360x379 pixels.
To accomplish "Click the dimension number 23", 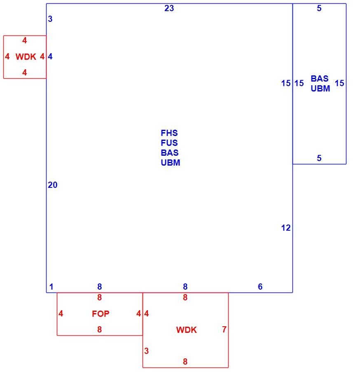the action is pos(169,8).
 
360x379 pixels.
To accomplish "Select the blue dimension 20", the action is pos(52,185).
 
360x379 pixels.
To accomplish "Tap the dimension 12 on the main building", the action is pos(286,228).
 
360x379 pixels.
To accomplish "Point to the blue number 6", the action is pos(260,287).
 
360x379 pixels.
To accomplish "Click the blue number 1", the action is pos(51,287).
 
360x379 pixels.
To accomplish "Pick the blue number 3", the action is pos(50,19).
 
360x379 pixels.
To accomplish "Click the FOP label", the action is pos(101,314).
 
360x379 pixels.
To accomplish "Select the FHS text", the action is pos(169,133).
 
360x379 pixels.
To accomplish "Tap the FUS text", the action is pos(169,143).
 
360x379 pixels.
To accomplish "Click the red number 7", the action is pos(224,329).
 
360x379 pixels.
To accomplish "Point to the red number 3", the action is pos(146,351).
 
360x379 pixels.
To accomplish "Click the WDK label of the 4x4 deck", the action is pos(26,57).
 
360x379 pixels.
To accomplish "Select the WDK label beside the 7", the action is pos(187,330).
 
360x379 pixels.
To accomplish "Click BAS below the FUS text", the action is pos(170,153).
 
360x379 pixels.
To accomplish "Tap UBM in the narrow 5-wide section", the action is pos(320,89).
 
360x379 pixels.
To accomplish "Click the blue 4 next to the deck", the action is pos(50,56).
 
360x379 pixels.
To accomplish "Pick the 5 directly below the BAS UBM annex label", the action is pos(319,158).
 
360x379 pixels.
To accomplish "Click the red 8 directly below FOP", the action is pos(100,330).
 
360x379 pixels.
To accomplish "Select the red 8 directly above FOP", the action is pos(100,297).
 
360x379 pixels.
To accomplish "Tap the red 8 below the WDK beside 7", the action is pos(185,362).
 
